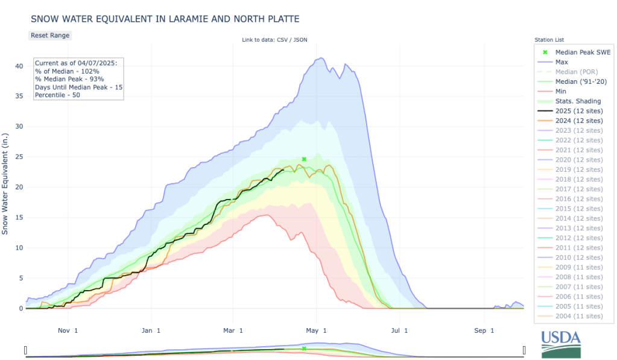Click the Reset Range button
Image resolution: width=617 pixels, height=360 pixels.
[x=50, y=35]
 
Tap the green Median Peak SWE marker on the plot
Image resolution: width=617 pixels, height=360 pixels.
[x=304, y=159]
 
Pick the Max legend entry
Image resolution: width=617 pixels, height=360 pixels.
[x=562, y=62]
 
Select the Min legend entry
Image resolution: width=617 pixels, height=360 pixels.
[x=561, y=92]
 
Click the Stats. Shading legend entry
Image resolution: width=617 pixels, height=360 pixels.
[x=578, y=101]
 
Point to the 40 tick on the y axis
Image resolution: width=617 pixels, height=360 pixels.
[x=19, y=66]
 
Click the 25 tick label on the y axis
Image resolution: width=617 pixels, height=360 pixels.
[x=19, y=157]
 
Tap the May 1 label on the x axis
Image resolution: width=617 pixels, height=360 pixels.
[x=316, y=330]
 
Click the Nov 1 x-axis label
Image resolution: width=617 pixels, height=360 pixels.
[x=68, y=330]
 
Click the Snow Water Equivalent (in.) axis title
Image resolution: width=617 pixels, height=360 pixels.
[x=6, y=181]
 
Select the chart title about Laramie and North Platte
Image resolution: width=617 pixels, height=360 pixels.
[x=165, y=19]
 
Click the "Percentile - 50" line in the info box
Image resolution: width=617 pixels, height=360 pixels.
[x=57, y=95]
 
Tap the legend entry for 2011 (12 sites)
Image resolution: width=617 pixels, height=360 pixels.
[x=578, y=247]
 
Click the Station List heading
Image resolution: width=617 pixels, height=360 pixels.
[x=549, y=40]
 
